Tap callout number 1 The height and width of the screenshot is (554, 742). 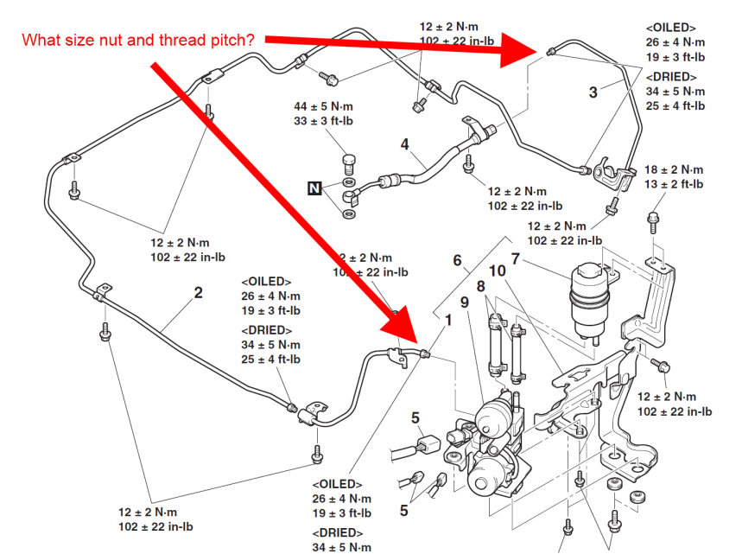tap(447, 321)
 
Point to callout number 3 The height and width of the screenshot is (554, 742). tap(593, 92)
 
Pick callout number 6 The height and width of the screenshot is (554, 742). tap(457, 259)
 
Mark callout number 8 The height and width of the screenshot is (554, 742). tap(480, 286)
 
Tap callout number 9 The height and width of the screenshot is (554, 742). tap(464, 302)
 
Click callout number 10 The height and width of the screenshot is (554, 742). tap(498, 271)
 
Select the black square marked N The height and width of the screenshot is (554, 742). tap(315, 187)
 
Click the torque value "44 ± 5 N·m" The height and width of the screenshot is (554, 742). tap(324, 106)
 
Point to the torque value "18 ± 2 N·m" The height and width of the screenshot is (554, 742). tap(674, 170)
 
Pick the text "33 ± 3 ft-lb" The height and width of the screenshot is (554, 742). tap(323, 121)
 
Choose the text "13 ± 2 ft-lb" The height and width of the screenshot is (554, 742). tap(674, 184)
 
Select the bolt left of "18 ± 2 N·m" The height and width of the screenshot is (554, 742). tap(654, 213)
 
